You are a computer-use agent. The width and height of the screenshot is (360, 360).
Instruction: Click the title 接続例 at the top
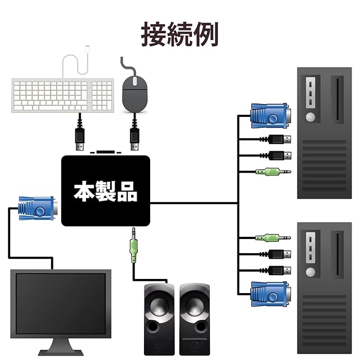click(179, 34)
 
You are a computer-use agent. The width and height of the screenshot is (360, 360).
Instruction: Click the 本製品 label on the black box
click(106, 191)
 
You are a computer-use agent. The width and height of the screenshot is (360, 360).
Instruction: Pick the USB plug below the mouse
click(134, 138)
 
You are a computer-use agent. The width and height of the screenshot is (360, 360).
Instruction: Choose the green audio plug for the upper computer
click(272, 172)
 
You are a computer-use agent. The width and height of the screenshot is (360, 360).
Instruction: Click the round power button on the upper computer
click(310, 117)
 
